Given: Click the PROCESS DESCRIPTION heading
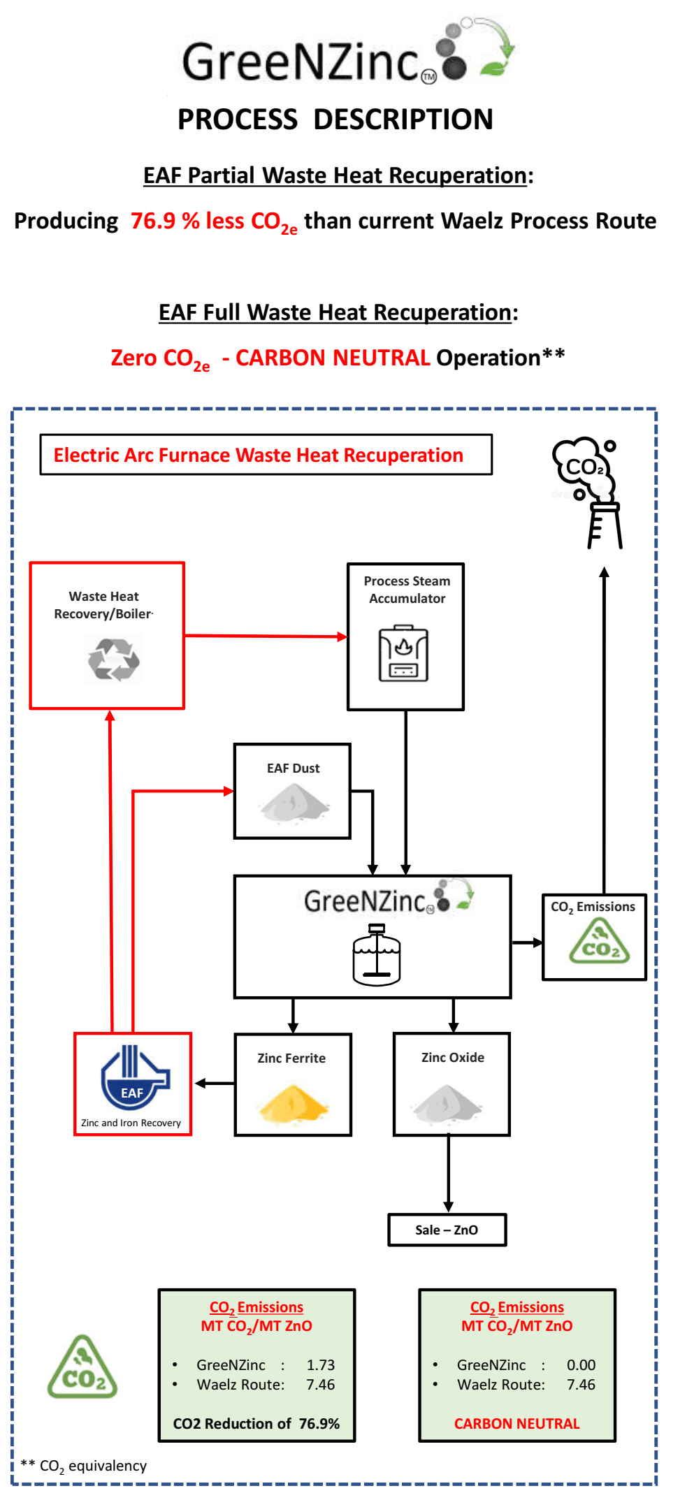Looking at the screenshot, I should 335,119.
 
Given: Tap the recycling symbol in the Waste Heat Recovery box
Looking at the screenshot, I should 113,660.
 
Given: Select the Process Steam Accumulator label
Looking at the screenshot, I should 407,590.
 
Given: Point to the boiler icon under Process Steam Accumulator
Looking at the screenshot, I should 403,653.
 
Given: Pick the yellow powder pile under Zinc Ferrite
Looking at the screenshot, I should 293,1103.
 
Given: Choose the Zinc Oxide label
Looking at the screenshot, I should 452,1057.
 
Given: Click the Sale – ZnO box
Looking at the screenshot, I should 447,1230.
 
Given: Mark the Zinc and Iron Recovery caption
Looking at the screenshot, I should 131,1123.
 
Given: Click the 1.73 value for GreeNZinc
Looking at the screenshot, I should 321,1364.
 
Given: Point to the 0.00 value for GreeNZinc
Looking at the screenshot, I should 581,1364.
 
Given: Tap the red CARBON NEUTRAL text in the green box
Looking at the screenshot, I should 516,1423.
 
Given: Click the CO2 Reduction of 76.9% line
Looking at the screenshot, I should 256,1423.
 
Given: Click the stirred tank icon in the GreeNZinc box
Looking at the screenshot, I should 377,954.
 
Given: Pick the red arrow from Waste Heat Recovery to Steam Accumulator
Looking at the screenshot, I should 266,636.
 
